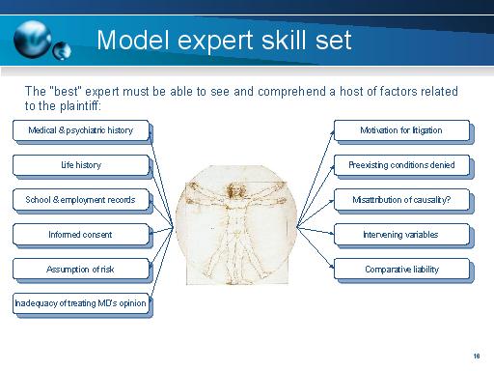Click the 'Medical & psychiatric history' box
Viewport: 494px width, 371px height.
point(81,130)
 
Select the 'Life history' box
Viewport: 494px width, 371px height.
point(81,165)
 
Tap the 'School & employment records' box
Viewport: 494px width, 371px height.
point(81,200)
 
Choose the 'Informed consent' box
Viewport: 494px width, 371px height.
point(81,235)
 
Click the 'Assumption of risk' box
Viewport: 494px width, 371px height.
point(81,270)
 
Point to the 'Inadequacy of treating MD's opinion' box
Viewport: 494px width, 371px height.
point(81,304)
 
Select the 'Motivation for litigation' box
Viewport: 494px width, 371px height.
point(401,130)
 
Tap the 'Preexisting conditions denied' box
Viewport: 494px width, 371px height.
point(401,165)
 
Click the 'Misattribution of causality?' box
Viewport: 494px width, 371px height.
point(401,200)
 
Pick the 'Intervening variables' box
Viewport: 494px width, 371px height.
point(401,235)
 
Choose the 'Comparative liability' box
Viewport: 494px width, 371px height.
point(401,270)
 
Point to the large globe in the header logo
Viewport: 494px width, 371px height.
point(37,37)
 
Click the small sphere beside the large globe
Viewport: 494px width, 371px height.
point(64,49)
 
